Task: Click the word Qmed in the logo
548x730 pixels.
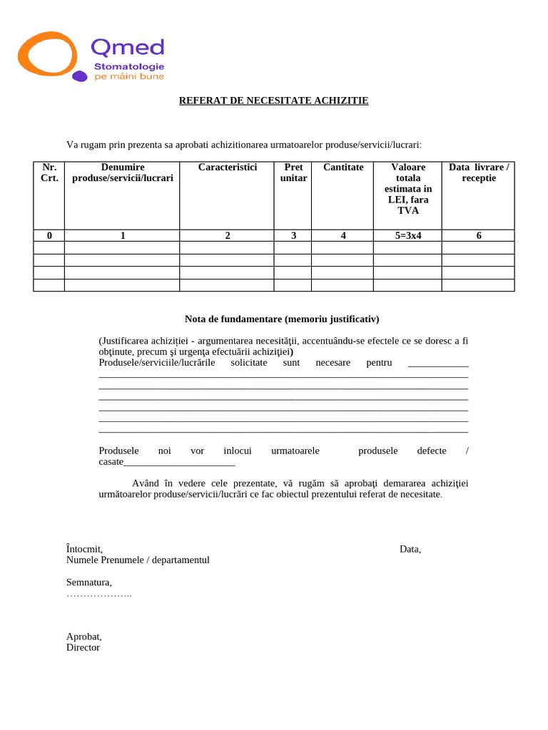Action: pos(128,47)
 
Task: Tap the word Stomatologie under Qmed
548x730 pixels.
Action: pos(129,66)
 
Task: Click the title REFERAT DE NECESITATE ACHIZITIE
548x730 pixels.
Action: pos(273,101)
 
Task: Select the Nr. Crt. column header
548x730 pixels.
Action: pos(49,173)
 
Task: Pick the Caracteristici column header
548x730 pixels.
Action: pos(227,167)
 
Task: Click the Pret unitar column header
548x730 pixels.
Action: pos(293,173)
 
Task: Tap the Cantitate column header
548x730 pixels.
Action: pos(343,167)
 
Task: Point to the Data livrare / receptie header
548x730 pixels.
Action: pos(478,173)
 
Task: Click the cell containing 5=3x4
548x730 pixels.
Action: pos(407,235)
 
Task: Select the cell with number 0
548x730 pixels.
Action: pos(49,235)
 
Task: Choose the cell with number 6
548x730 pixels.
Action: pos(478,235)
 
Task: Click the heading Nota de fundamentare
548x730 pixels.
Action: pos(282,319)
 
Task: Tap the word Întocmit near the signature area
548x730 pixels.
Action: pos(84,549)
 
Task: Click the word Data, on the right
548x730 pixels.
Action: pos(410,549)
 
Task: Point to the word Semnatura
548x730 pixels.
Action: pos(88,582)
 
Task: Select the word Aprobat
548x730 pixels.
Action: pos(83,637)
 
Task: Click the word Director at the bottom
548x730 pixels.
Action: pos(83,647)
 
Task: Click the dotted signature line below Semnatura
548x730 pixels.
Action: pos(98,594)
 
